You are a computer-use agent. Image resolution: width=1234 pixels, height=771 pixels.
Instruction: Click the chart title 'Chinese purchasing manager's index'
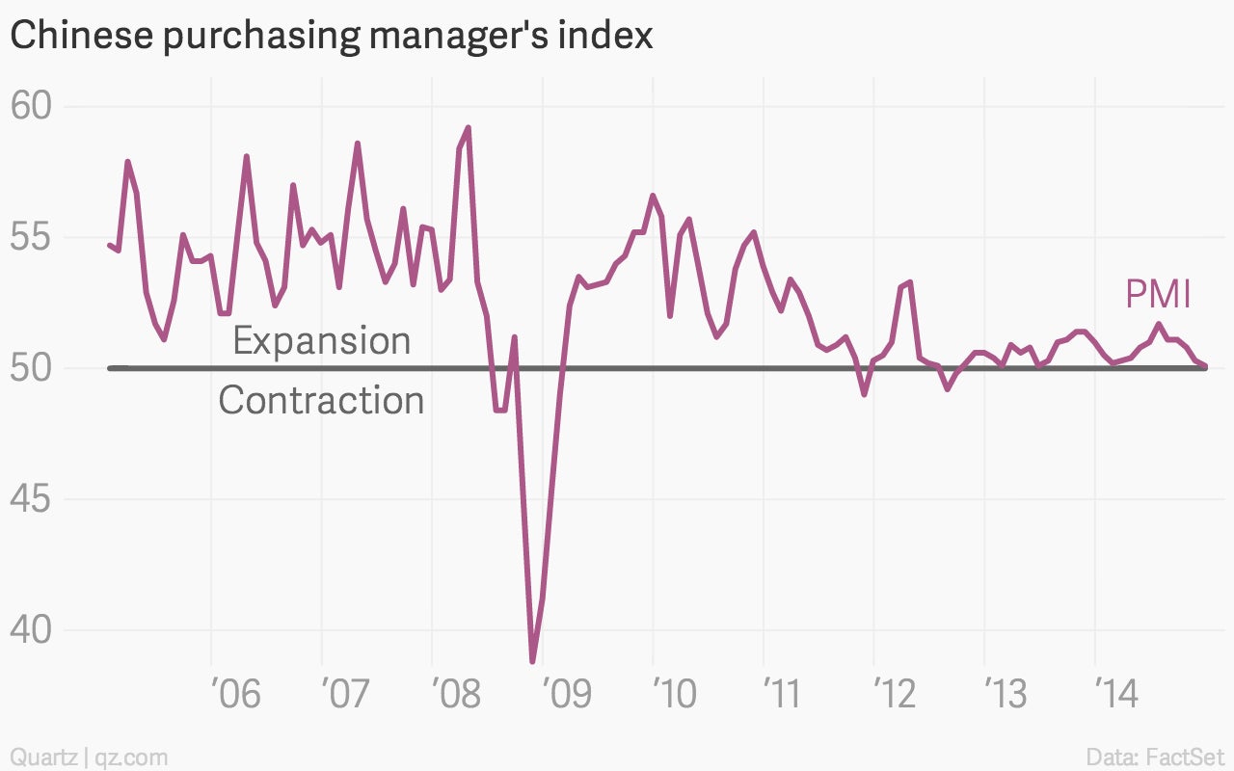[331, 36]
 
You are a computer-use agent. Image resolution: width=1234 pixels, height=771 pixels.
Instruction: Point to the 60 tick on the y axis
[31, 105]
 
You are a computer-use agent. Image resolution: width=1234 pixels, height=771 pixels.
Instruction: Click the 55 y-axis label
[31, 237]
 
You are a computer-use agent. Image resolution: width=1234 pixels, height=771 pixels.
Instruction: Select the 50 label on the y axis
[31, 368]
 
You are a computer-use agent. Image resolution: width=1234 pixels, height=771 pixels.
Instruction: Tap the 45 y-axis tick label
[31, 499]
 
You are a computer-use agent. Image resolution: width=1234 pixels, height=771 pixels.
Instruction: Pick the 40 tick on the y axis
[31, 629]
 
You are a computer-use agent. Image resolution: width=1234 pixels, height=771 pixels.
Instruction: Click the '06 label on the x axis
[236, 694]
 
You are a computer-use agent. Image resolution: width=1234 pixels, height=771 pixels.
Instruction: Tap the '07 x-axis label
[345, 694]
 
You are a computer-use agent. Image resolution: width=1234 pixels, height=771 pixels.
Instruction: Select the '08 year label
[457, 694]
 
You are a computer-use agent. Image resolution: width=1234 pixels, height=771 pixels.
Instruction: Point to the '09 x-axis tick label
[568, 694]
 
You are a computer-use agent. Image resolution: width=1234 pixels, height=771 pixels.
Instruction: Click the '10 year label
[676, 694]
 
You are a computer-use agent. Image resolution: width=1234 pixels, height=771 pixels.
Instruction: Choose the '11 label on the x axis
[782, 694]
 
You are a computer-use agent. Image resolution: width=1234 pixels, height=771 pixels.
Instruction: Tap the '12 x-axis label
[896, 694]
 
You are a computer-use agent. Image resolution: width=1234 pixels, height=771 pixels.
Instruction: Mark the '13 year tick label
[1006, 694]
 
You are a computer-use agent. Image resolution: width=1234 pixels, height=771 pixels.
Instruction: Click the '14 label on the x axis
[1117, 694]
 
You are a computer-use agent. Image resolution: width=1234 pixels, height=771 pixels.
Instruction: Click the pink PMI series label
[1158, 294]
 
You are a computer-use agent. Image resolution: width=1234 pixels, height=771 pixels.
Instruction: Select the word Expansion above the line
[322, 341]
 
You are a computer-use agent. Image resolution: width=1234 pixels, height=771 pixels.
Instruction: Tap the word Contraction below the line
[322, 399]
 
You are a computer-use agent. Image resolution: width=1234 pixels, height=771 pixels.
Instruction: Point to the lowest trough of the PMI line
[533, 660]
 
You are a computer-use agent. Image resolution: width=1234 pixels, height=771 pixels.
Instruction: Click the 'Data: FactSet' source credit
[1155, 757]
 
